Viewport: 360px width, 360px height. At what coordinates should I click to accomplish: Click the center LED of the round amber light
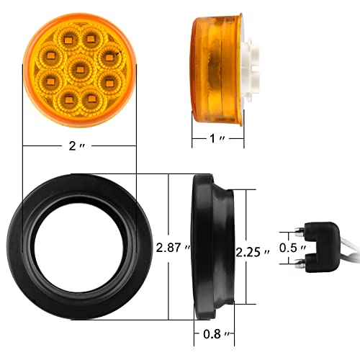pos(79,70)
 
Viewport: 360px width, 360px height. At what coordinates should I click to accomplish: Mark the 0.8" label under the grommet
pos(214,334)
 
